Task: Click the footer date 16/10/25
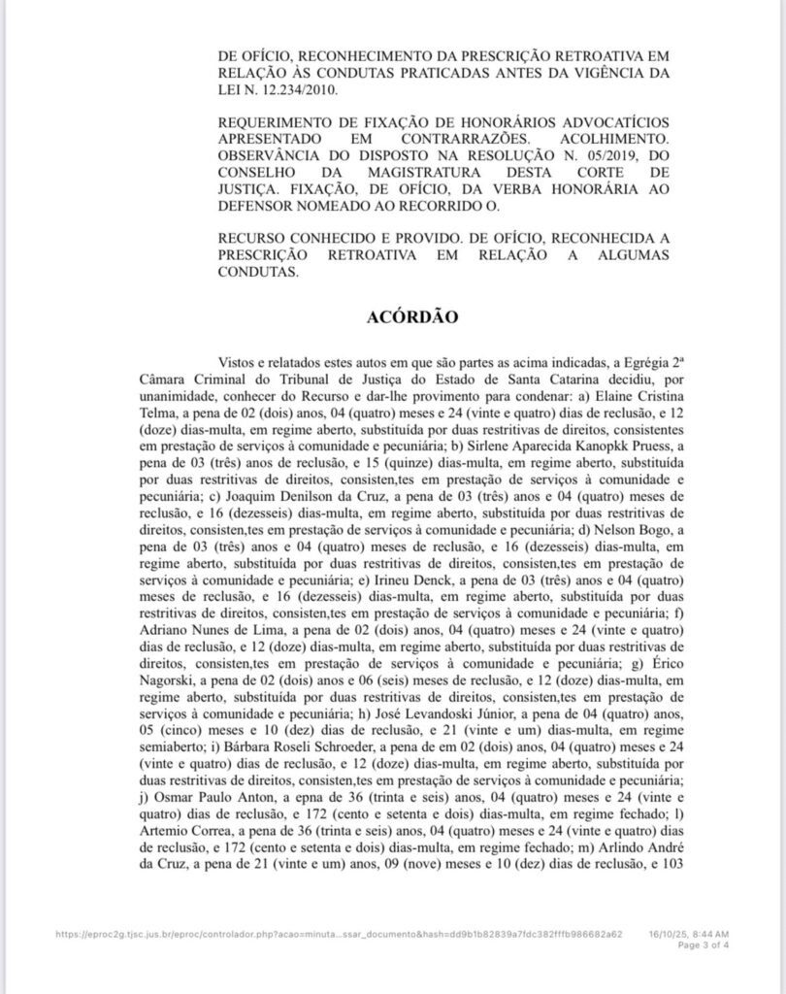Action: point(671,934)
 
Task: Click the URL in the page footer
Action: point(339,934)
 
